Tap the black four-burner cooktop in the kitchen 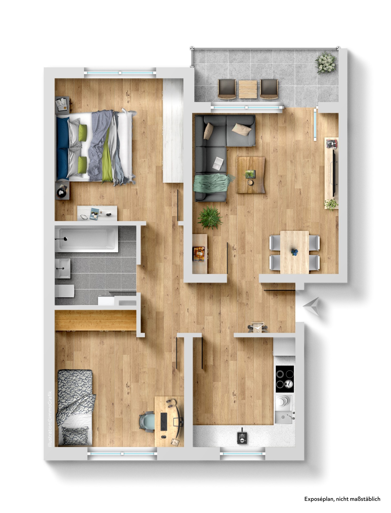(284, 379)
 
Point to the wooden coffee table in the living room (251, 175)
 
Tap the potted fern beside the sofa (210, 217)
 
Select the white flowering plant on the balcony (326, 62)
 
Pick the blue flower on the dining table (294, 252)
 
